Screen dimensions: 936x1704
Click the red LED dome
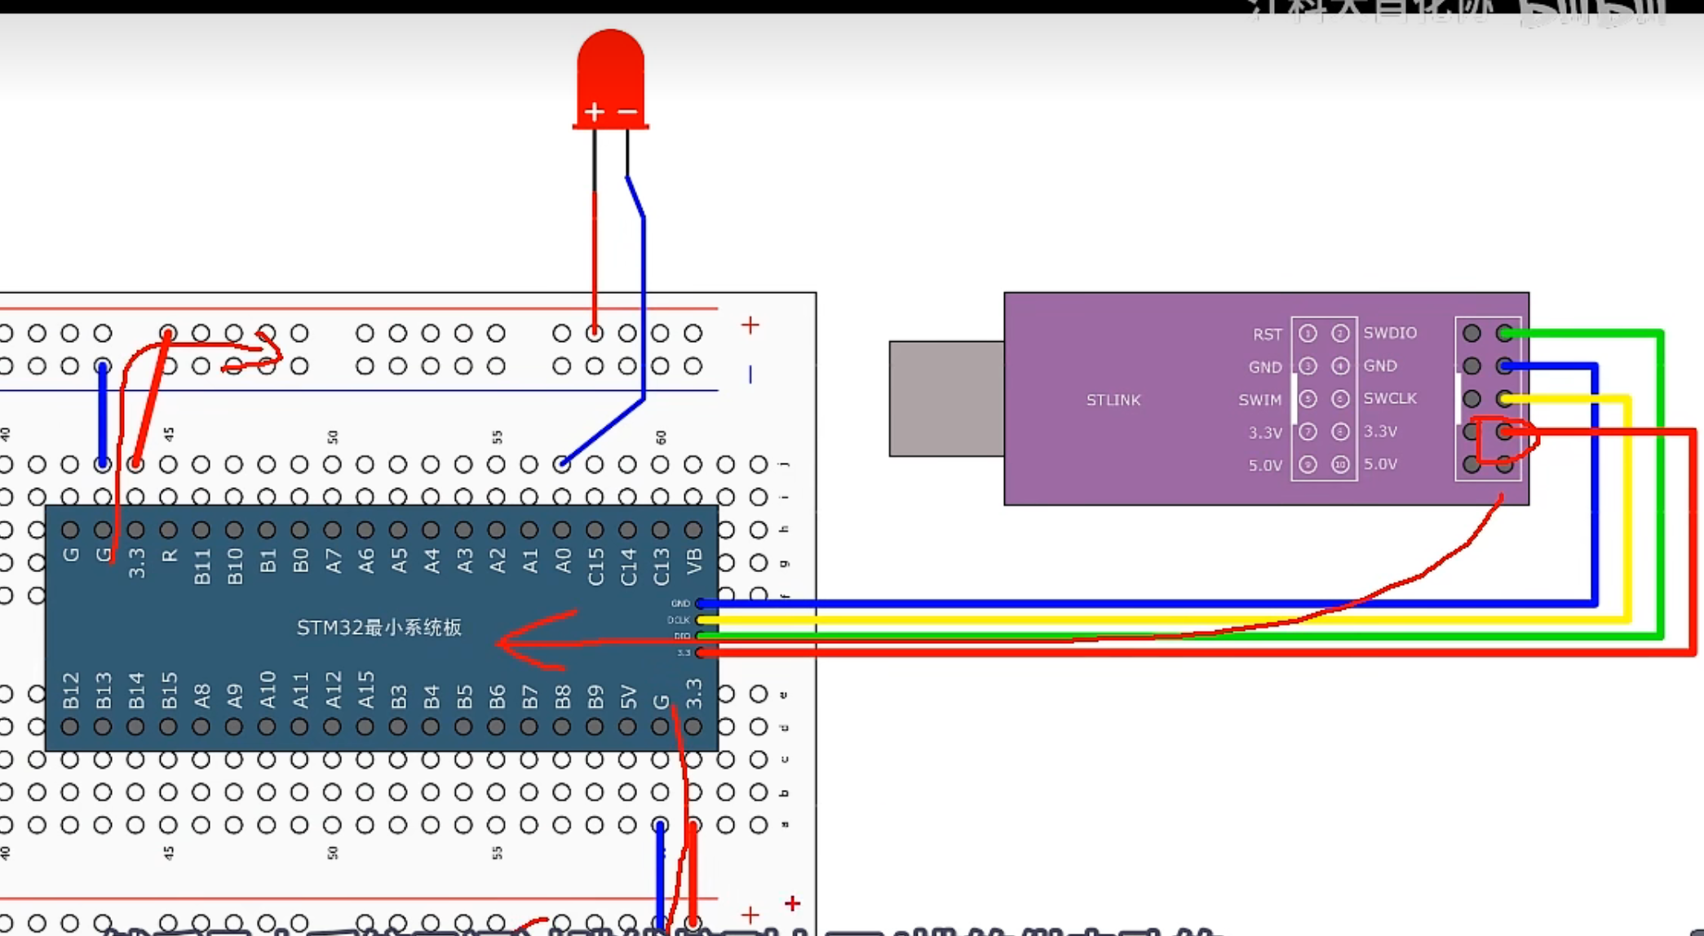point(610,69)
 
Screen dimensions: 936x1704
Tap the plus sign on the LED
point(594,112)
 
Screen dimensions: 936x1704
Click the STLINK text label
point(1113,400)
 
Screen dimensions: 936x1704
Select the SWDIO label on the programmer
point(1390,333)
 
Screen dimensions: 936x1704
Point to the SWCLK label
point(1390,398)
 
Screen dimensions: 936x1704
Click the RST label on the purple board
point(1267,334)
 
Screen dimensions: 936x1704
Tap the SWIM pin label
point(1259,400)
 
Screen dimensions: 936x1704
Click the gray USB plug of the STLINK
point(946,398)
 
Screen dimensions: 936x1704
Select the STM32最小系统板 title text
point(378,628)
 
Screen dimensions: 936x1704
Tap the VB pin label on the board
point(693,561)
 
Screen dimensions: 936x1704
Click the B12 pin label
point(71,690)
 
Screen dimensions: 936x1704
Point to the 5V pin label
point(627,696)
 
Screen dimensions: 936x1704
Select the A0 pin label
point(562,561)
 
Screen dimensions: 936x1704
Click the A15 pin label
point(365,690)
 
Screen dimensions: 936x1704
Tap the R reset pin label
point(169,556)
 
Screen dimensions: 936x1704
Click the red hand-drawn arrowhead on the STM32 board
point(510,642)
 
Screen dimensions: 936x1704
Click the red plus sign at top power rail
point(750,325)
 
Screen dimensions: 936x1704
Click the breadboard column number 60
point(660,437)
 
